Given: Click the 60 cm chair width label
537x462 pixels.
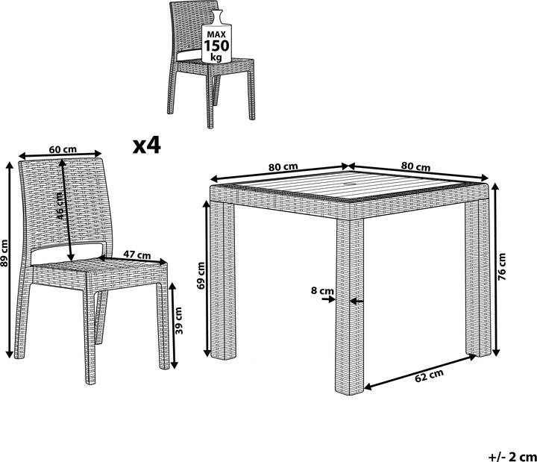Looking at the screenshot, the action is [x=63, y=150].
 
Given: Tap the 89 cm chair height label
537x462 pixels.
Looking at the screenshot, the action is [x=4, y=253].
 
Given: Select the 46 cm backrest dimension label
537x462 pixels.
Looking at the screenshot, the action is [x=59, y=206].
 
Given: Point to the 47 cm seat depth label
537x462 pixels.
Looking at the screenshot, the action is [x=137, y=255].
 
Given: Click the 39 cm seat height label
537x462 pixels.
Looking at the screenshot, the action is [x=179, y=321].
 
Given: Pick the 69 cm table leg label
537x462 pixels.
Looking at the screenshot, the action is [x=201, y=275].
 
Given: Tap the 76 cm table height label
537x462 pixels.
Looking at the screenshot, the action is [x=502, y=266].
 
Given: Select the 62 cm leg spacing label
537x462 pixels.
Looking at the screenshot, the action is [x=429, y=375].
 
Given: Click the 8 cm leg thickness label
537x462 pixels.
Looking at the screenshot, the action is [x=322, y=290].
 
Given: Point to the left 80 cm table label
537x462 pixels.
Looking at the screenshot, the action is [x=283, y=167].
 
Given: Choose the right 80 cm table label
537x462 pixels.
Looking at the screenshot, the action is [x=415, y=166].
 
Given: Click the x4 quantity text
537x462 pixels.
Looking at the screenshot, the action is [x=147, y=146].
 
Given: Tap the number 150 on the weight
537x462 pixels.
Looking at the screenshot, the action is [x=216, y=46].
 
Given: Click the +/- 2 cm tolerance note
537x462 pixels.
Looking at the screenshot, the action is [x=512, y=457].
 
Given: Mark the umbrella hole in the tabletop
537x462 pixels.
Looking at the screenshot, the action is [x=351, y=185].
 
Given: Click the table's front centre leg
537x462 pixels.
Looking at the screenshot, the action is [x=350, y=306].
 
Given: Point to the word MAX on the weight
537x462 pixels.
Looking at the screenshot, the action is [x=216, y=34].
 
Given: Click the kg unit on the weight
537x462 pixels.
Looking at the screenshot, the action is [x=216, y=57].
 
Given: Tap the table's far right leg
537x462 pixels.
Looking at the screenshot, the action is [x=478, y=278].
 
